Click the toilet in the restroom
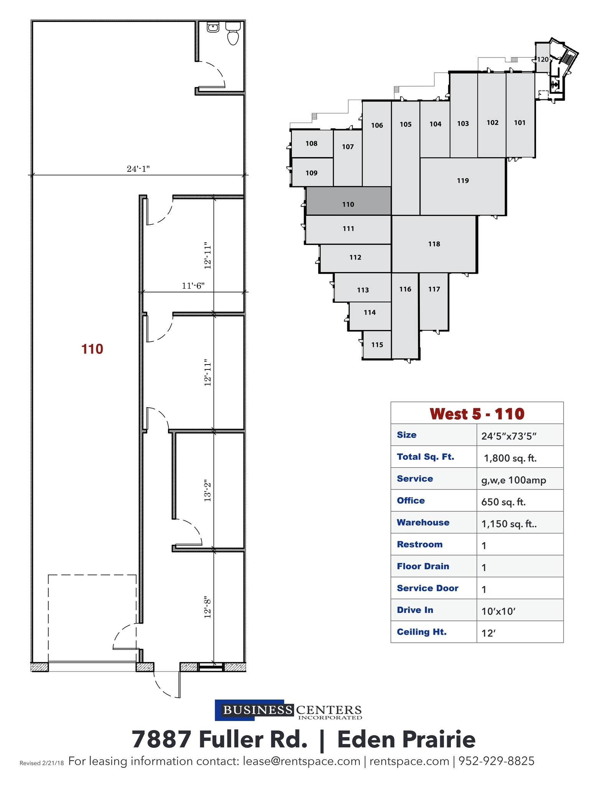point(233,34)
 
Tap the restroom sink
point(213,27)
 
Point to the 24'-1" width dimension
point(138,169)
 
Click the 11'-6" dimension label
point(193,286)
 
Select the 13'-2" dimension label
point(208,490)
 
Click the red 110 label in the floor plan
point(92,349)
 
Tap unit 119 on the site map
point(463,181)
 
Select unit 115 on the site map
point(377,345)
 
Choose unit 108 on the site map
point(311,144)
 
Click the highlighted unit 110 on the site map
point(348,204)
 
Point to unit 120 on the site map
point(542,59)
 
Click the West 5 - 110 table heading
point(477,414)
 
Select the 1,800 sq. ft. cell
point(510,458)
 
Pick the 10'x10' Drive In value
point(498,611)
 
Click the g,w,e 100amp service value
point(513,480)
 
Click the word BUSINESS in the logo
point(257,710)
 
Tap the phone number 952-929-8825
point(496,761)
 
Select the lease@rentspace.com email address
point(301,761)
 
